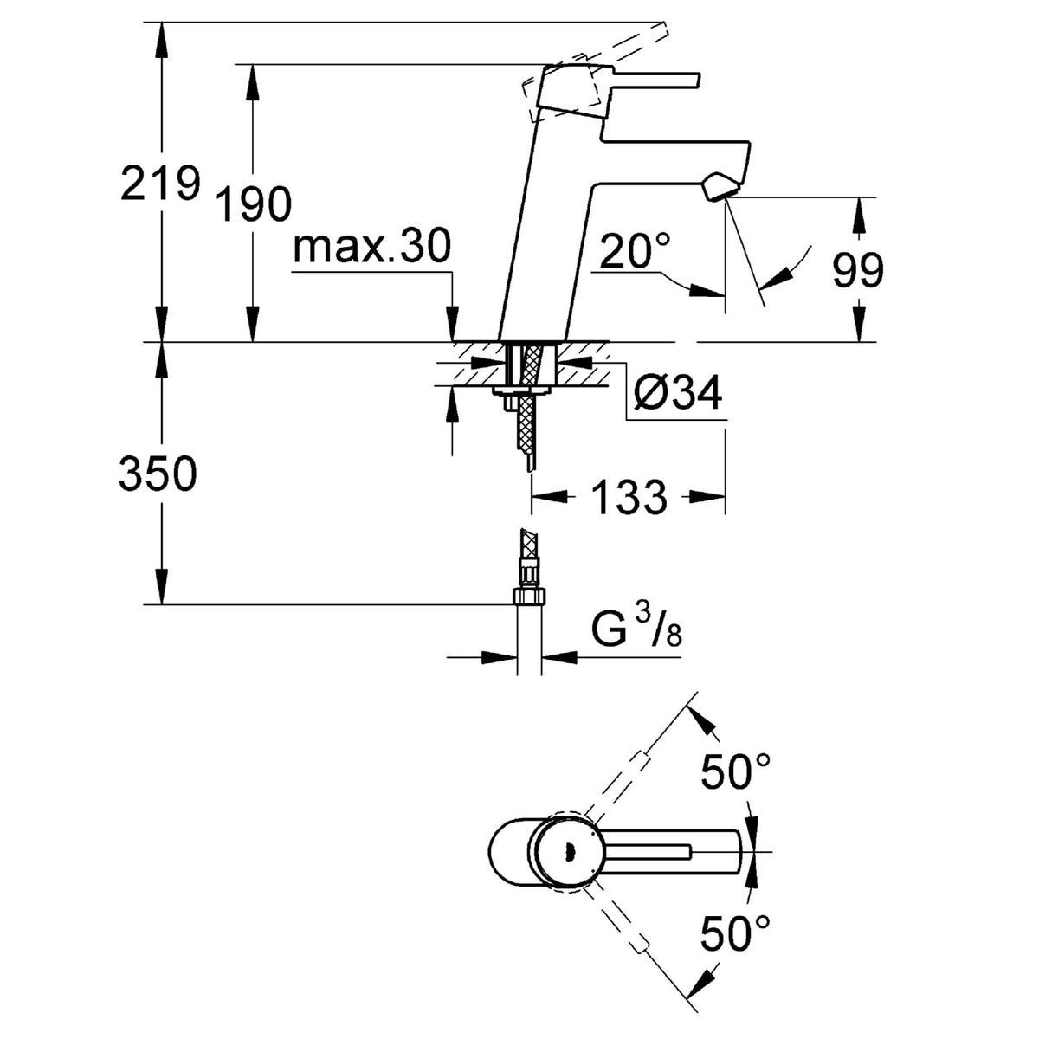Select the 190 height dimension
coord(253,204)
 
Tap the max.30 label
coord(372,248)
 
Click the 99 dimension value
coord(858,271)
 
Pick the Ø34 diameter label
coord(677,395)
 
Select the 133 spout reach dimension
coord(629,497)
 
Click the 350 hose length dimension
coord(158,474)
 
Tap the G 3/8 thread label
coord(637,631)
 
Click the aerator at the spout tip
coord(720,186)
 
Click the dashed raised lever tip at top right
coord(658,35)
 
